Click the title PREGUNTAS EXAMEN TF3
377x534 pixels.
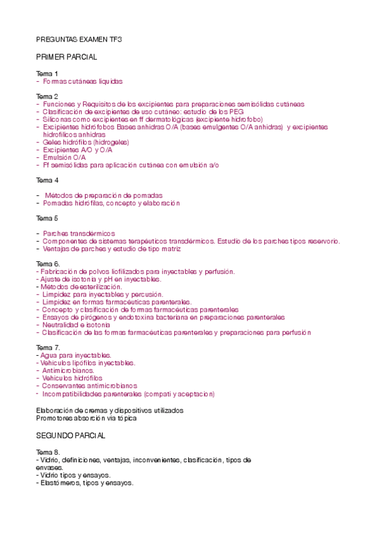[79, 39]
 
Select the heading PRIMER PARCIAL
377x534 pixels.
[67, 57]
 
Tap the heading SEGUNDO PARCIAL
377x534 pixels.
[71, 435]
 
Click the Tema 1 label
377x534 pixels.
[47, 74]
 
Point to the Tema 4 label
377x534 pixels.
[47, 181]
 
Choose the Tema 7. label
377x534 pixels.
[48, 348]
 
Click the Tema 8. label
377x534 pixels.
[48, 452]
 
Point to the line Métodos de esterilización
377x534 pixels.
[79, 287]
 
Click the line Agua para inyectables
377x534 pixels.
[76, 355]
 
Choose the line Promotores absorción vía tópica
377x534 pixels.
[86, 418]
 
